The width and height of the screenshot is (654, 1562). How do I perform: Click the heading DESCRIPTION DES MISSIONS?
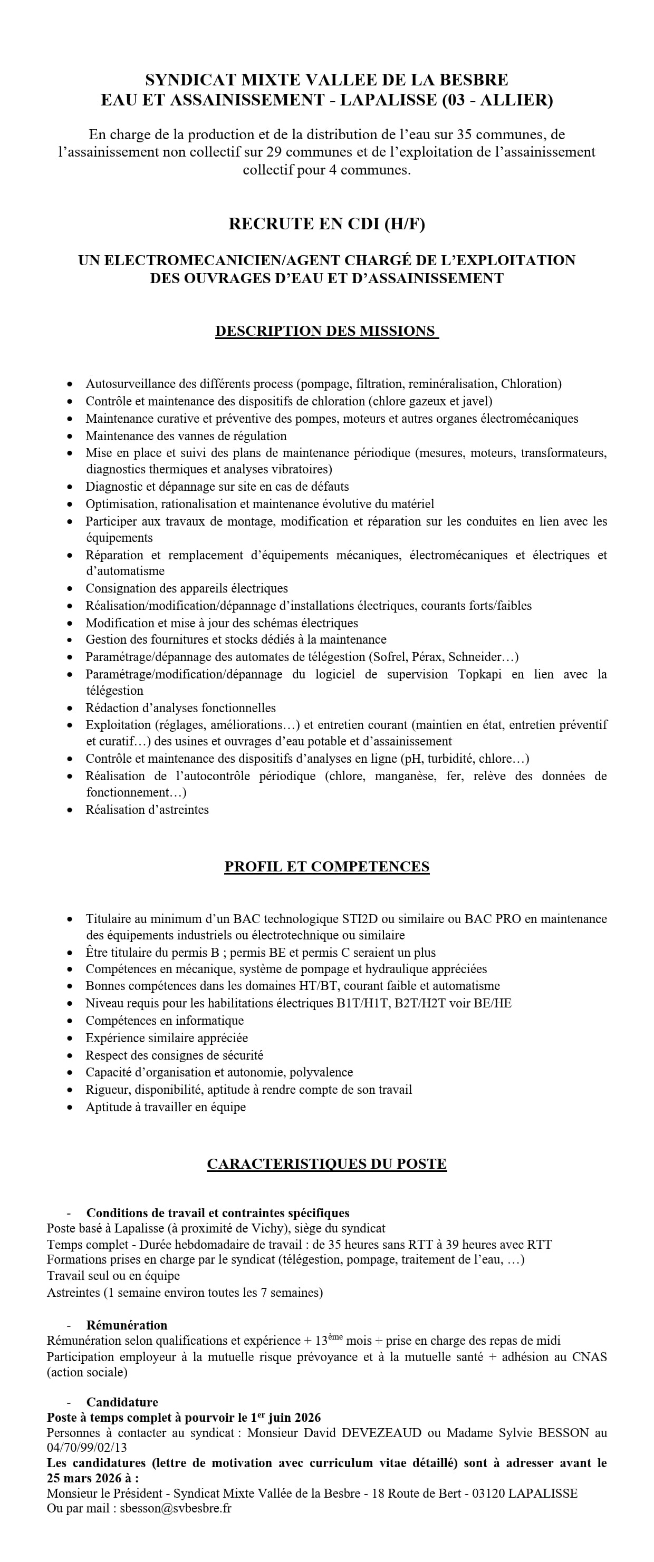[326, 331]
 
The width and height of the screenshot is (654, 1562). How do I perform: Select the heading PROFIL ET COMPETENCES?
[326, 867]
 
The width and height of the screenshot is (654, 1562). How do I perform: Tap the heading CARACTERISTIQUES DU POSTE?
[326, 1163]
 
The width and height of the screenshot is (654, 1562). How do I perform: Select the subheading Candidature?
[122, 1402]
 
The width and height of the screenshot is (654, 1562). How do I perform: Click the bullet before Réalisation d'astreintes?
[71, 810]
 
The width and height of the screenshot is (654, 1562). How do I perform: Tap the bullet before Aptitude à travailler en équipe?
[71, 1107]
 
